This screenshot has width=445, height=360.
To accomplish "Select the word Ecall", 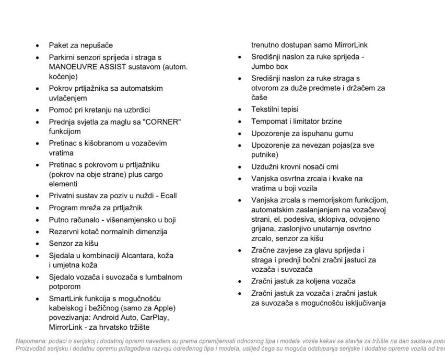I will (x=167, y=196).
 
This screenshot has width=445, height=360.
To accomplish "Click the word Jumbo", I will (x=262, y=66).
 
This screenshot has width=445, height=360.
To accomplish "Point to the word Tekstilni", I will (x=266, y=110).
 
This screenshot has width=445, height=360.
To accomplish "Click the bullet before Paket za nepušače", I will (x=37, y=45).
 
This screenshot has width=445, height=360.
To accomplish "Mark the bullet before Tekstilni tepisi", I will (x=239, y=110).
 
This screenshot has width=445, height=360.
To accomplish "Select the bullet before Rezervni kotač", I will (x=37, y=232).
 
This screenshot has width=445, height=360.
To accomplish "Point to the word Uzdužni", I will (x=265, y=167).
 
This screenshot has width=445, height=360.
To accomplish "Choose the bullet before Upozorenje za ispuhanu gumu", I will (x=239, y=134).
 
